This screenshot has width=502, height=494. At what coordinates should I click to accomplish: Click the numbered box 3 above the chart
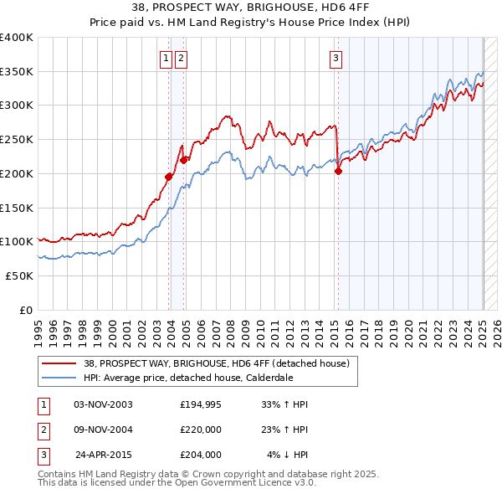pos(336,58)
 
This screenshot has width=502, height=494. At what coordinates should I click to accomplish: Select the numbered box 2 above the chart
pos(181,58)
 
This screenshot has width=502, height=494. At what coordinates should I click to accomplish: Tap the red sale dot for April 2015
pos(339,171)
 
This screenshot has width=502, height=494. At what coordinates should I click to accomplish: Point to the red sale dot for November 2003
pos(168,177)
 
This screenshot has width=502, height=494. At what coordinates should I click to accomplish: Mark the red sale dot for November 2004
pos(183,159)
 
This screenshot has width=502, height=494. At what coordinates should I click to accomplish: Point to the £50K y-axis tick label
pos(20,275)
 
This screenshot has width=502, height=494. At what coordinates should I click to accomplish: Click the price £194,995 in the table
pos(200,404)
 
